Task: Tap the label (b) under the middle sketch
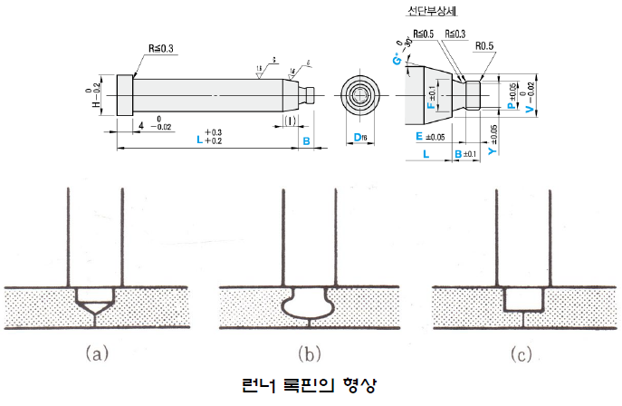pos(309,354)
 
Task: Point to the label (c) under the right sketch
pos(521,354)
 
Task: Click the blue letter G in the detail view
pos(396,61)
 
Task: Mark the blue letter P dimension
pos(511,105)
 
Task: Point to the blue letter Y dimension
pos(492,152)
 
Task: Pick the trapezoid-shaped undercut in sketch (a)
pos(94,296)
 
